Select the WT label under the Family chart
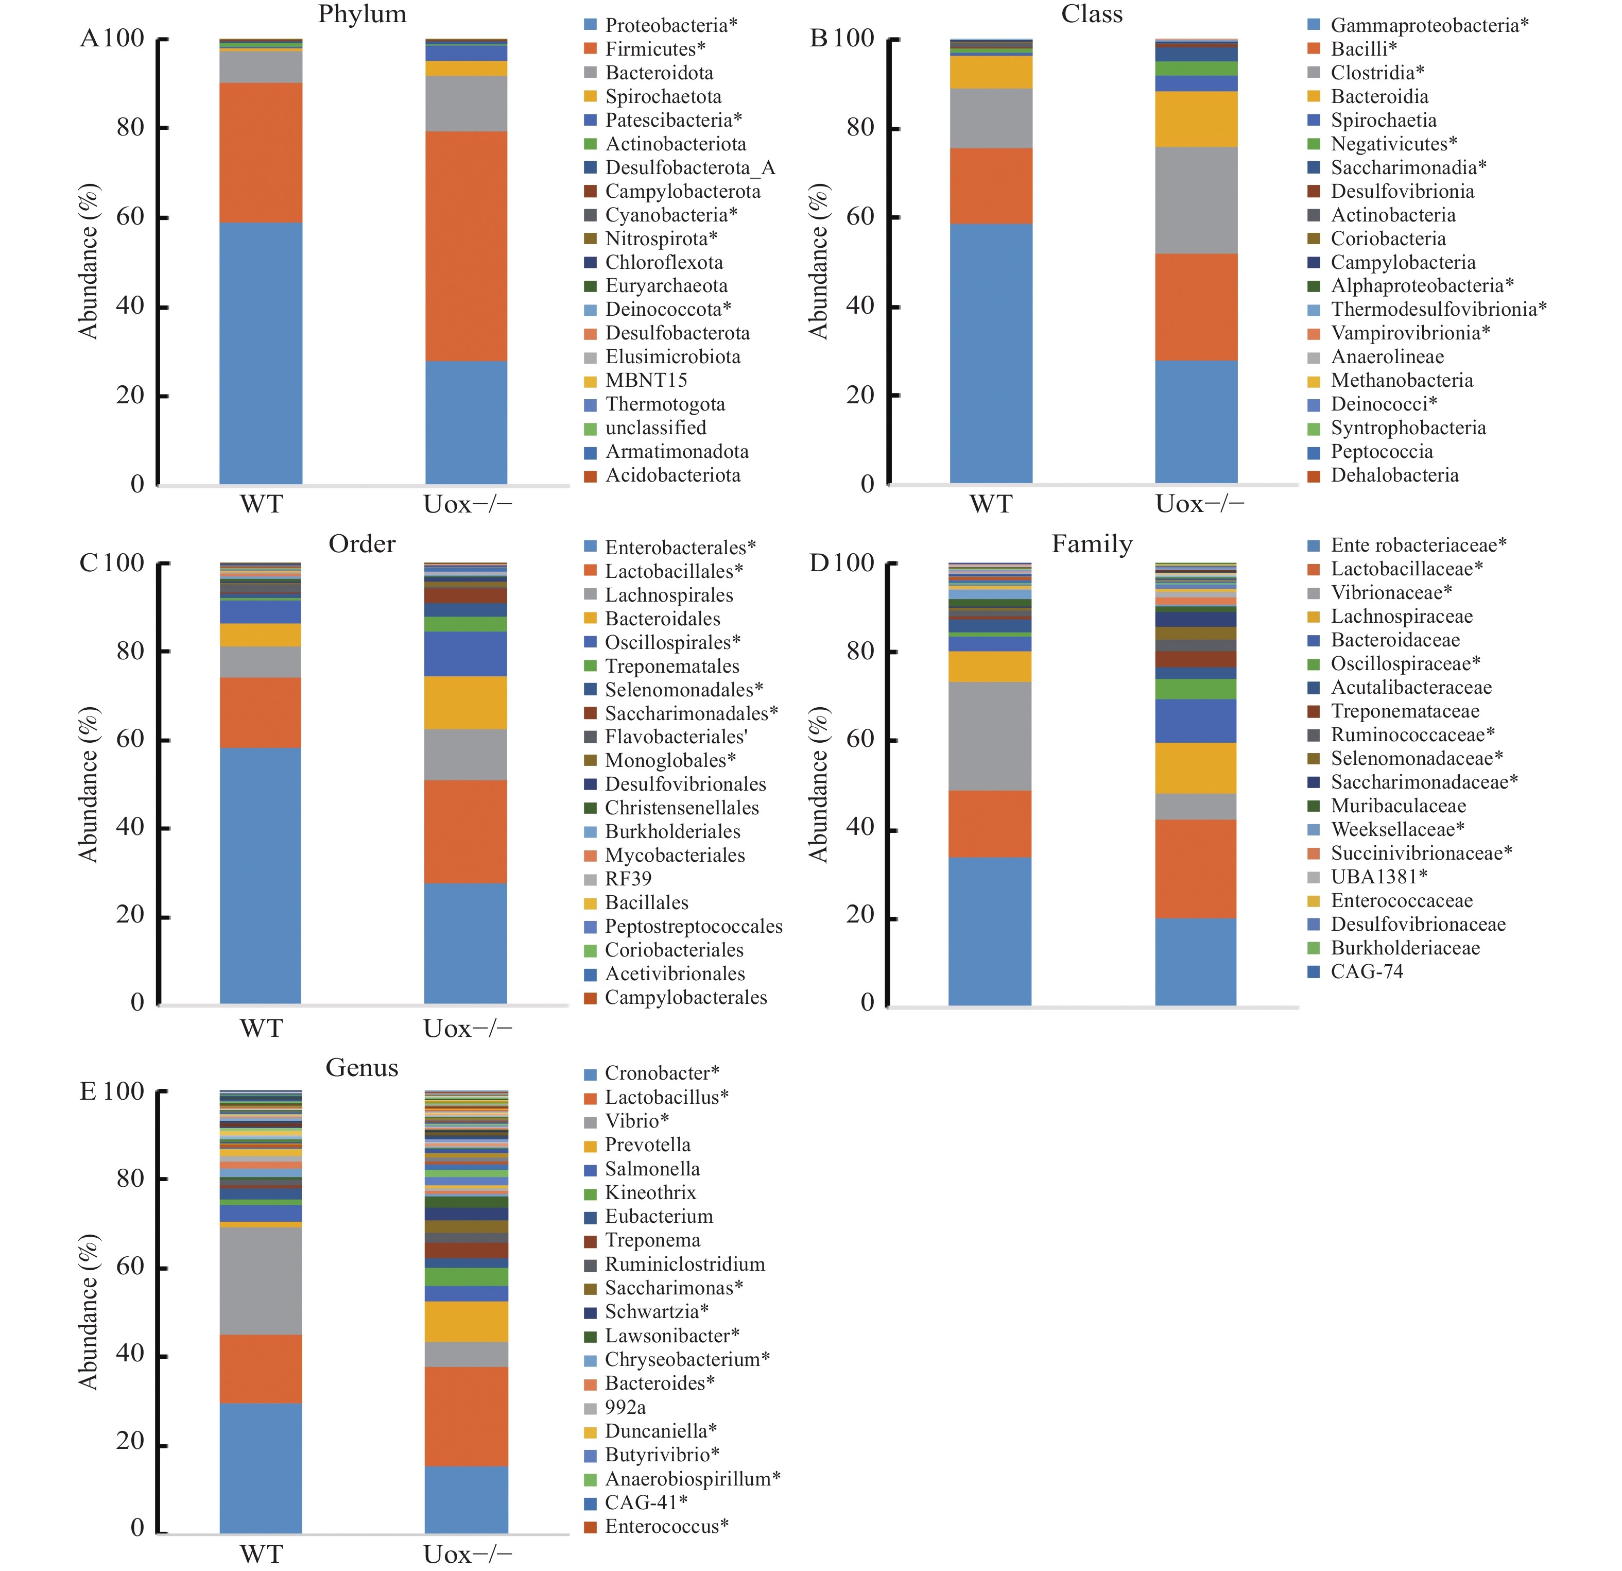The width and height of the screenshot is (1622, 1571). tap(991, 1028)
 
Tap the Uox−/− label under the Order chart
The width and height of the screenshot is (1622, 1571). tap(468, 1028)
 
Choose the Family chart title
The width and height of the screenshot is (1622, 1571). tap(1092, 544)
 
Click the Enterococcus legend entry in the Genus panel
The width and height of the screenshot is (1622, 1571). tap(666, 1526)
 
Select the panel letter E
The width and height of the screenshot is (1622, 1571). tap(88, 1092)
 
